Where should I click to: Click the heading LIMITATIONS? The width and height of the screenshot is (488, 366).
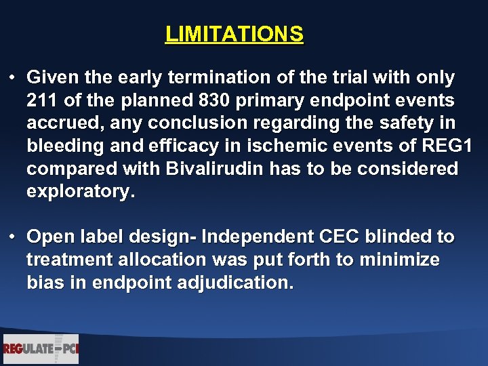tap(235, 34)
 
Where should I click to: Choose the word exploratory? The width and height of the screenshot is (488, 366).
tap(81, 192)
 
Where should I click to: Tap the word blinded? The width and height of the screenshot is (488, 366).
tap(399, 237)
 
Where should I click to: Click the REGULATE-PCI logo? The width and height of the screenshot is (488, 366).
tap(41, 349)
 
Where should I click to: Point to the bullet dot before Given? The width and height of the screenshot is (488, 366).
tap(13, 78)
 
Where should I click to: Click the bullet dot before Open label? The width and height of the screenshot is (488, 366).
tap(13, 237)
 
